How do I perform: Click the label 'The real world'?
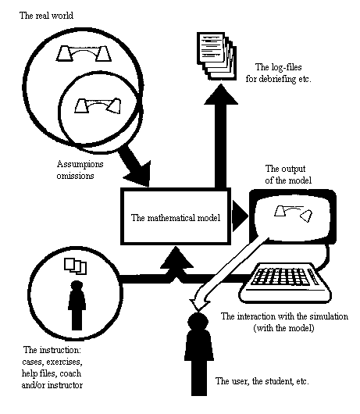click(46, 16)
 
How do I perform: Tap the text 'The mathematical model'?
click(176, 218)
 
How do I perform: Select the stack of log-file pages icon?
click(216, 56)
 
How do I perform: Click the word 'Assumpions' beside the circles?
click(80, 164)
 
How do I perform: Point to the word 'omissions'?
click(75, 176)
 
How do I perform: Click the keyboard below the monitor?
click(284, 283)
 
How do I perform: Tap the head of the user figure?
click(198, 322)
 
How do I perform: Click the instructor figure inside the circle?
click(77, 305)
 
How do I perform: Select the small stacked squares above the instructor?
click(76, 266)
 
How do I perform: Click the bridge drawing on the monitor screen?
click(293, 213)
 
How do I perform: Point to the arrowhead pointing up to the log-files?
click(221, 95)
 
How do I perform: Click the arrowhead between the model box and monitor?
click(240, 216)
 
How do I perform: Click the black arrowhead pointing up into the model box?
click(176, 258)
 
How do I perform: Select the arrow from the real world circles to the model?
click(134, 166)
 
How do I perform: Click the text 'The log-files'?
click(279, 67)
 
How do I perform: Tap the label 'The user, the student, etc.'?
click(262, 381)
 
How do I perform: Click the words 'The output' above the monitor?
click(285, 169)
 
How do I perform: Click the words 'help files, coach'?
click(52, 373)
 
